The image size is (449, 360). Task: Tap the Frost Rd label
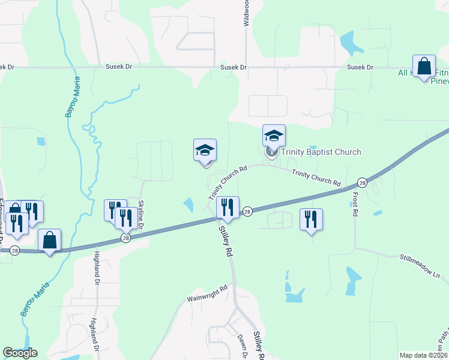click(x=354, y=205)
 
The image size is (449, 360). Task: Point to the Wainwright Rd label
click(x=207, y=288)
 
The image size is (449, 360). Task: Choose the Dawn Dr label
click(x=243, y=346)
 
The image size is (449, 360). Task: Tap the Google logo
click(x=20, y=353)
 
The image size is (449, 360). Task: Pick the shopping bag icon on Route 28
click(x=50, y=241)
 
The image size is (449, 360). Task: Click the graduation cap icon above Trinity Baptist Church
click(x=274, y=136)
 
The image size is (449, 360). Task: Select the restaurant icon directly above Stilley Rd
click(x=228, y=208)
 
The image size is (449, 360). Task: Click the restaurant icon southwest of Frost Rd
click(x=311, y=220)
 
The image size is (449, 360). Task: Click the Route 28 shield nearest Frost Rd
click(x=362, y=182)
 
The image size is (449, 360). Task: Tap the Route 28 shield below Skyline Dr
click(x=125, y=238)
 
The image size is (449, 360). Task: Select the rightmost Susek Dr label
click(x=361, y=68)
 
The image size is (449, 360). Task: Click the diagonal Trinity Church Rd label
click(x=228, y=184)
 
